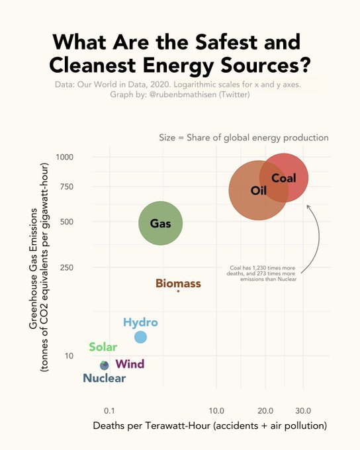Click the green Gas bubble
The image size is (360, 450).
pos(160,223)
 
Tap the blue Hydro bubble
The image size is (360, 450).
pos(140,337)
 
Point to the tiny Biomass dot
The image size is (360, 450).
pos(178,291)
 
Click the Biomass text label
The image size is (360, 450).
pos(178,283)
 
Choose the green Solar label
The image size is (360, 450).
pos(103,347)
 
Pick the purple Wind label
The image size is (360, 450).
pos(130,364)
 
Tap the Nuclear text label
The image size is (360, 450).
pos(104,379)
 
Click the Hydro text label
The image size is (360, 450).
pos(140,322)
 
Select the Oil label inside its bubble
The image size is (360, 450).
pos(258,191)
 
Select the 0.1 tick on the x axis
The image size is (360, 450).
pos(109,410)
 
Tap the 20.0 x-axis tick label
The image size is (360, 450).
pos(265,410)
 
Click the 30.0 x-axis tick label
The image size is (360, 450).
pos(303,410)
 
